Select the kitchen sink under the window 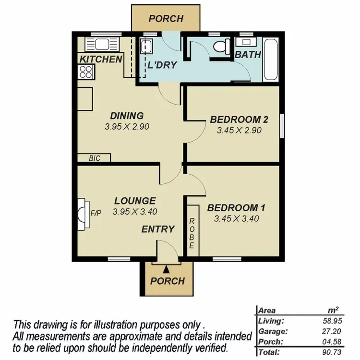tap(98, 45)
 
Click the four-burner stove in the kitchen tap(86, 72)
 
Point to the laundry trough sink tap(146, 48)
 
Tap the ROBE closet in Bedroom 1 tap(192, 233)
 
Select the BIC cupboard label tap(95, 158)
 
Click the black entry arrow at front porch tap(167, 272)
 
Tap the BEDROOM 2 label tap(239, 120)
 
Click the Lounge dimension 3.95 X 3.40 tap(135, 211)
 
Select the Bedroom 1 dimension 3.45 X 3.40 tap(237, 219)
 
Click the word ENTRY tap(157, 229)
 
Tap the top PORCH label tap(166, 19)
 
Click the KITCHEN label tap(100, 60)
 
